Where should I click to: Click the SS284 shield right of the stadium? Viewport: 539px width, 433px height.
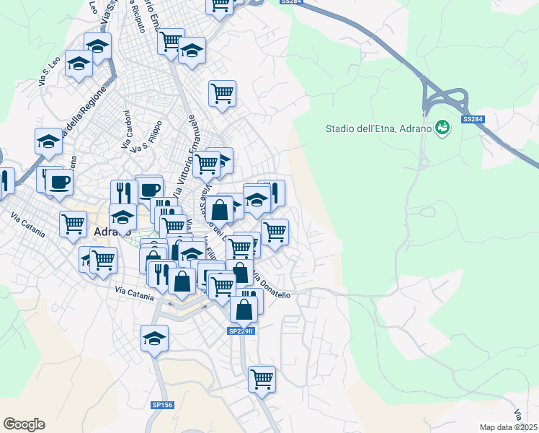point(472,119)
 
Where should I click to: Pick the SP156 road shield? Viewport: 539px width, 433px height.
point(162,406)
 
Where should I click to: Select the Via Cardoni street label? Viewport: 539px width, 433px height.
point(128,131)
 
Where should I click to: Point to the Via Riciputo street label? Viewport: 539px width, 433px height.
point(137,17)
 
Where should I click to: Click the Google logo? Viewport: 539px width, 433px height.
point(24,424)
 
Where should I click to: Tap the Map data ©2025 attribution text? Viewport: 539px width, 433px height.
point(509,427)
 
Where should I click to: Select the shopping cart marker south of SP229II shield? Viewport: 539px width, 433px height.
point(262,377)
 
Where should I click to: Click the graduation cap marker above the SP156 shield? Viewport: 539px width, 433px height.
point(153,338)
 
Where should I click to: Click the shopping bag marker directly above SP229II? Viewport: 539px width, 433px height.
point(244,308)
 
